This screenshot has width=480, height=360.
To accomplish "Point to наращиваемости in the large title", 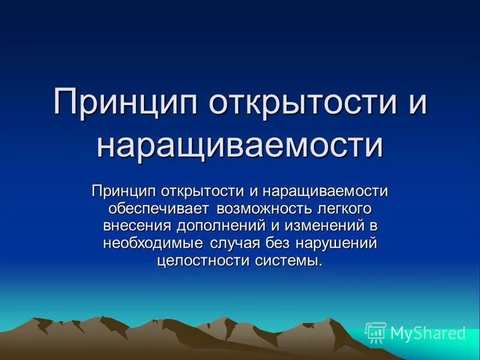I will [x=239, y=145].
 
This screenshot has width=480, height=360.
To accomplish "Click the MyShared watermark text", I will [x=428, y=333].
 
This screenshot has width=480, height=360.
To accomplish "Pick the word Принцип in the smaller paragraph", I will [x=123, y=191].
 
